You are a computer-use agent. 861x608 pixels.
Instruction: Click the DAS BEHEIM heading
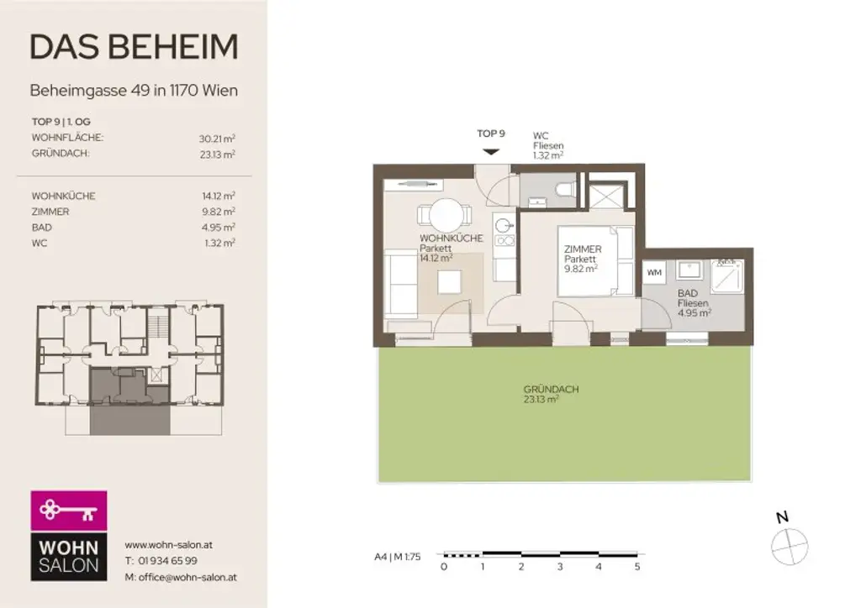(134, 47)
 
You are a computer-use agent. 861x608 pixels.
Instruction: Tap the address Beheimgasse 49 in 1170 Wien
(134, 90)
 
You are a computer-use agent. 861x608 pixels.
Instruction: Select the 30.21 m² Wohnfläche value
(216, 138)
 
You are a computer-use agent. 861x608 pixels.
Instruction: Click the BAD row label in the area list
(41, 228)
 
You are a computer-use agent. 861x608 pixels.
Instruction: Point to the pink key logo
(69, 510)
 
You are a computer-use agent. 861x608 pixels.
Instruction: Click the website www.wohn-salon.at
(168, 544)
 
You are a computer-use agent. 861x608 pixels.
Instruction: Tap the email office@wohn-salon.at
(180, 577)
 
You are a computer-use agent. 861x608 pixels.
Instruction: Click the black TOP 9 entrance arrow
(491, 151)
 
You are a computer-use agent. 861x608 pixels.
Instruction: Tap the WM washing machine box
(654, 272)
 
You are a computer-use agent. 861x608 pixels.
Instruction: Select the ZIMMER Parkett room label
(582, 254)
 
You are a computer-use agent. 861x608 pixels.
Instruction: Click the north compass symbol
(789, 544)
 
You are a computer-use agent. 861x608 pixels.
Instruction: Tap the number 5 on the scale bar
(637, 567)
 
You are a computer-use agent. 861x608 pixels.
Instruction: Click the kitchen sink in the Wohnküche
(503, 225)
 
